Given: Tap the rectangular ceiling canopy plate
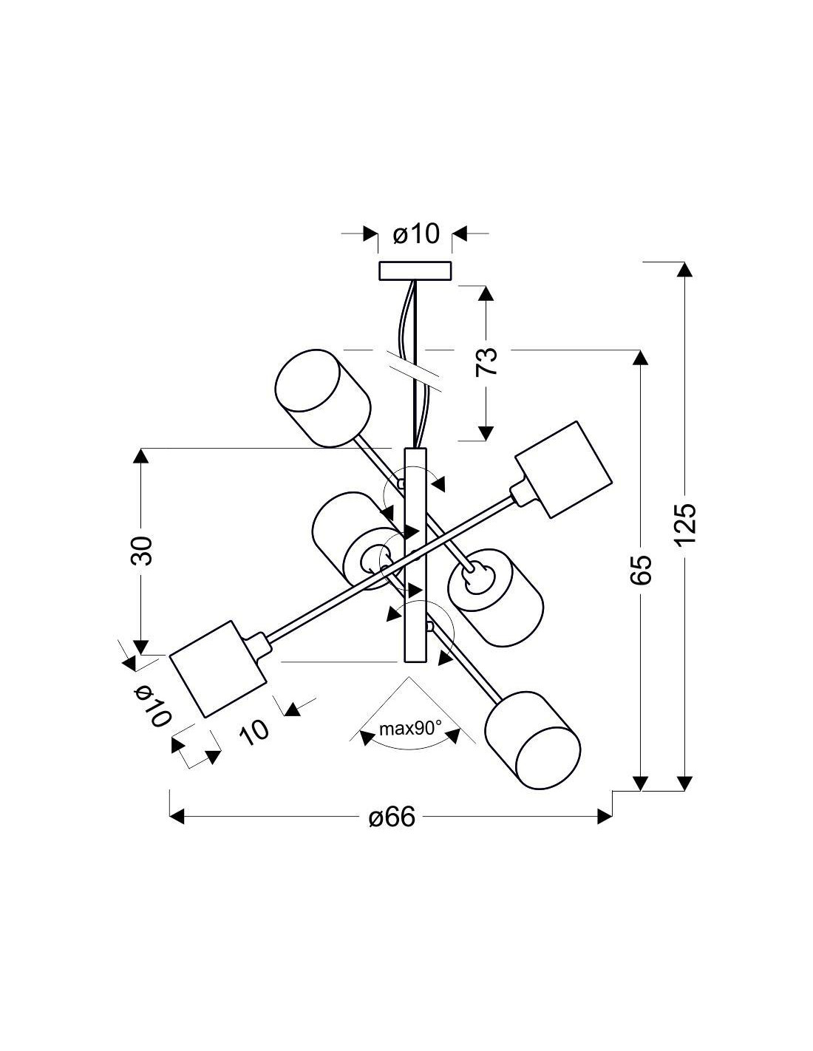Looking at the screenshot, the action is coord(415,271).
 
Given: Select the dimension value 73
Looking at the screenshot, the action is coord(486,361).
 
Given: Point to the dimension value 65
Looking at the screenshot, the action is coord(642,570).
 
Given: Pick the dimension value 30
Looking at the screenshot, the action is coord(141,551).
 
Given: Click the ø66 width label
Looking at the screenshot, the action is coord(392,817).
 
